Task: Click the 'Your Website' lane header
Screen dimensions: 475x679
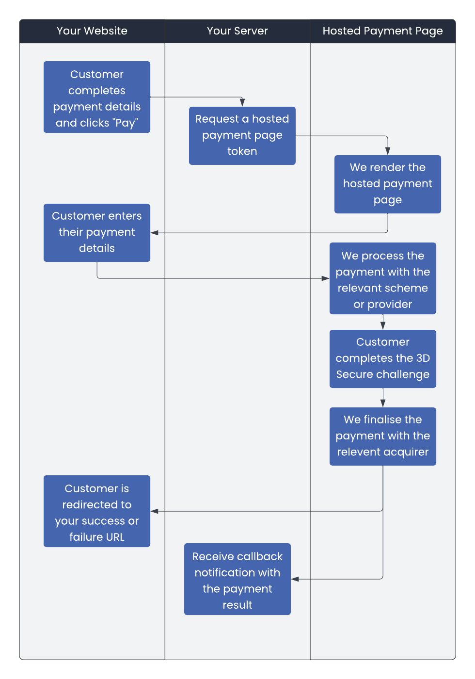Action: [x=92, y=31]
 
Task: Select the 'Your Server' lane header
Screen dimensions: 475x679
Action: [x=237, y=31]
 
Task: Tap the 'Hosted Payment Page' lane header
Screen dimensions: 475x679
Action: [x=382, y=31]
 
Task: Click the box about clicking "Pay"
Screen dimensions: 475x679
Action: [x=97, y=97]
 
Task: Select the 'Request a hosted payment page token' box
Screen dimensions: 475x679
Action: [x=242, y=135]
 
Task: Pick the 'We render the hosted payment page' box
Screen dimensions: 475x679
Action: [x=388, y=184]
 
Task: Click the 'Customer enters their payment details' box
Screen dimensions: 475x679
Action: [x=97, y=232]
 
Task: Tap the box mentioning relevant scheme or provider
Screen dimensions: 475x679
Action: [x=383, y=278]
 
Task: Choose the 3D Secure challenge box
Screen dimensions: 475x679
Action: [x=383, y=358]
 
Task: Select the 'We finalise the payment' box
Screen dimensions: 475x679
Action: [x=383, y=436]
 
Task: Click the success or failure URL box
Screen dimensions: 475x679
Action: [x=97, y=511]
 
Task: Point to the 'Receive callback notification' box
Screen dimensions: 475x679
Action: [x=237, y=579]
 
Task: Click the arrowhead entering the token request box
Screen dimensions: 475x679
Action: [x=242, y=102]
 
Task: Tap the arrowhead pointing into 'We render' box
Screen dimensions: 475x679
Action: [x=388, y=151]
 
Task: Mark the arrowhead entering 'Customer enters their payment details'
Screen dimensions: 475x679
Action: [x=155, y=233]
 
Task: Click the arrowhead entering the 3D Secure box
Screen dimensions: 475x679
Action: [x=383, y=325]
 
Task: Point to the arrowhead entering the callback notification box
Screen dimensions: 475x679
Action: [x=295, y=579]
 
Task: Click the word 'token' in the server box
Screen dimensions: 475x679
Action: [x=242, y=151]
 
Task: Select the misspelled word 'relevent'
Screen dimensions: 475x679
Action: [x=355, y=452]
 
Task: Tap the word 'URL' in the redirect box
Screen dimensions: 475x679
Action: [x=115, y=537]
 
